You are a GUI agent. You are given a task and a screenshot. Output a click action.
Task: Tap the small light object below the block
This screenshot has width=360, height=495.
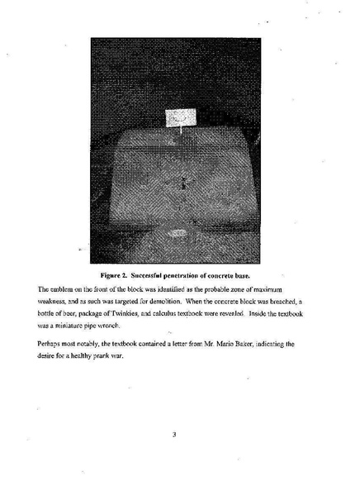(176, 234)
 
